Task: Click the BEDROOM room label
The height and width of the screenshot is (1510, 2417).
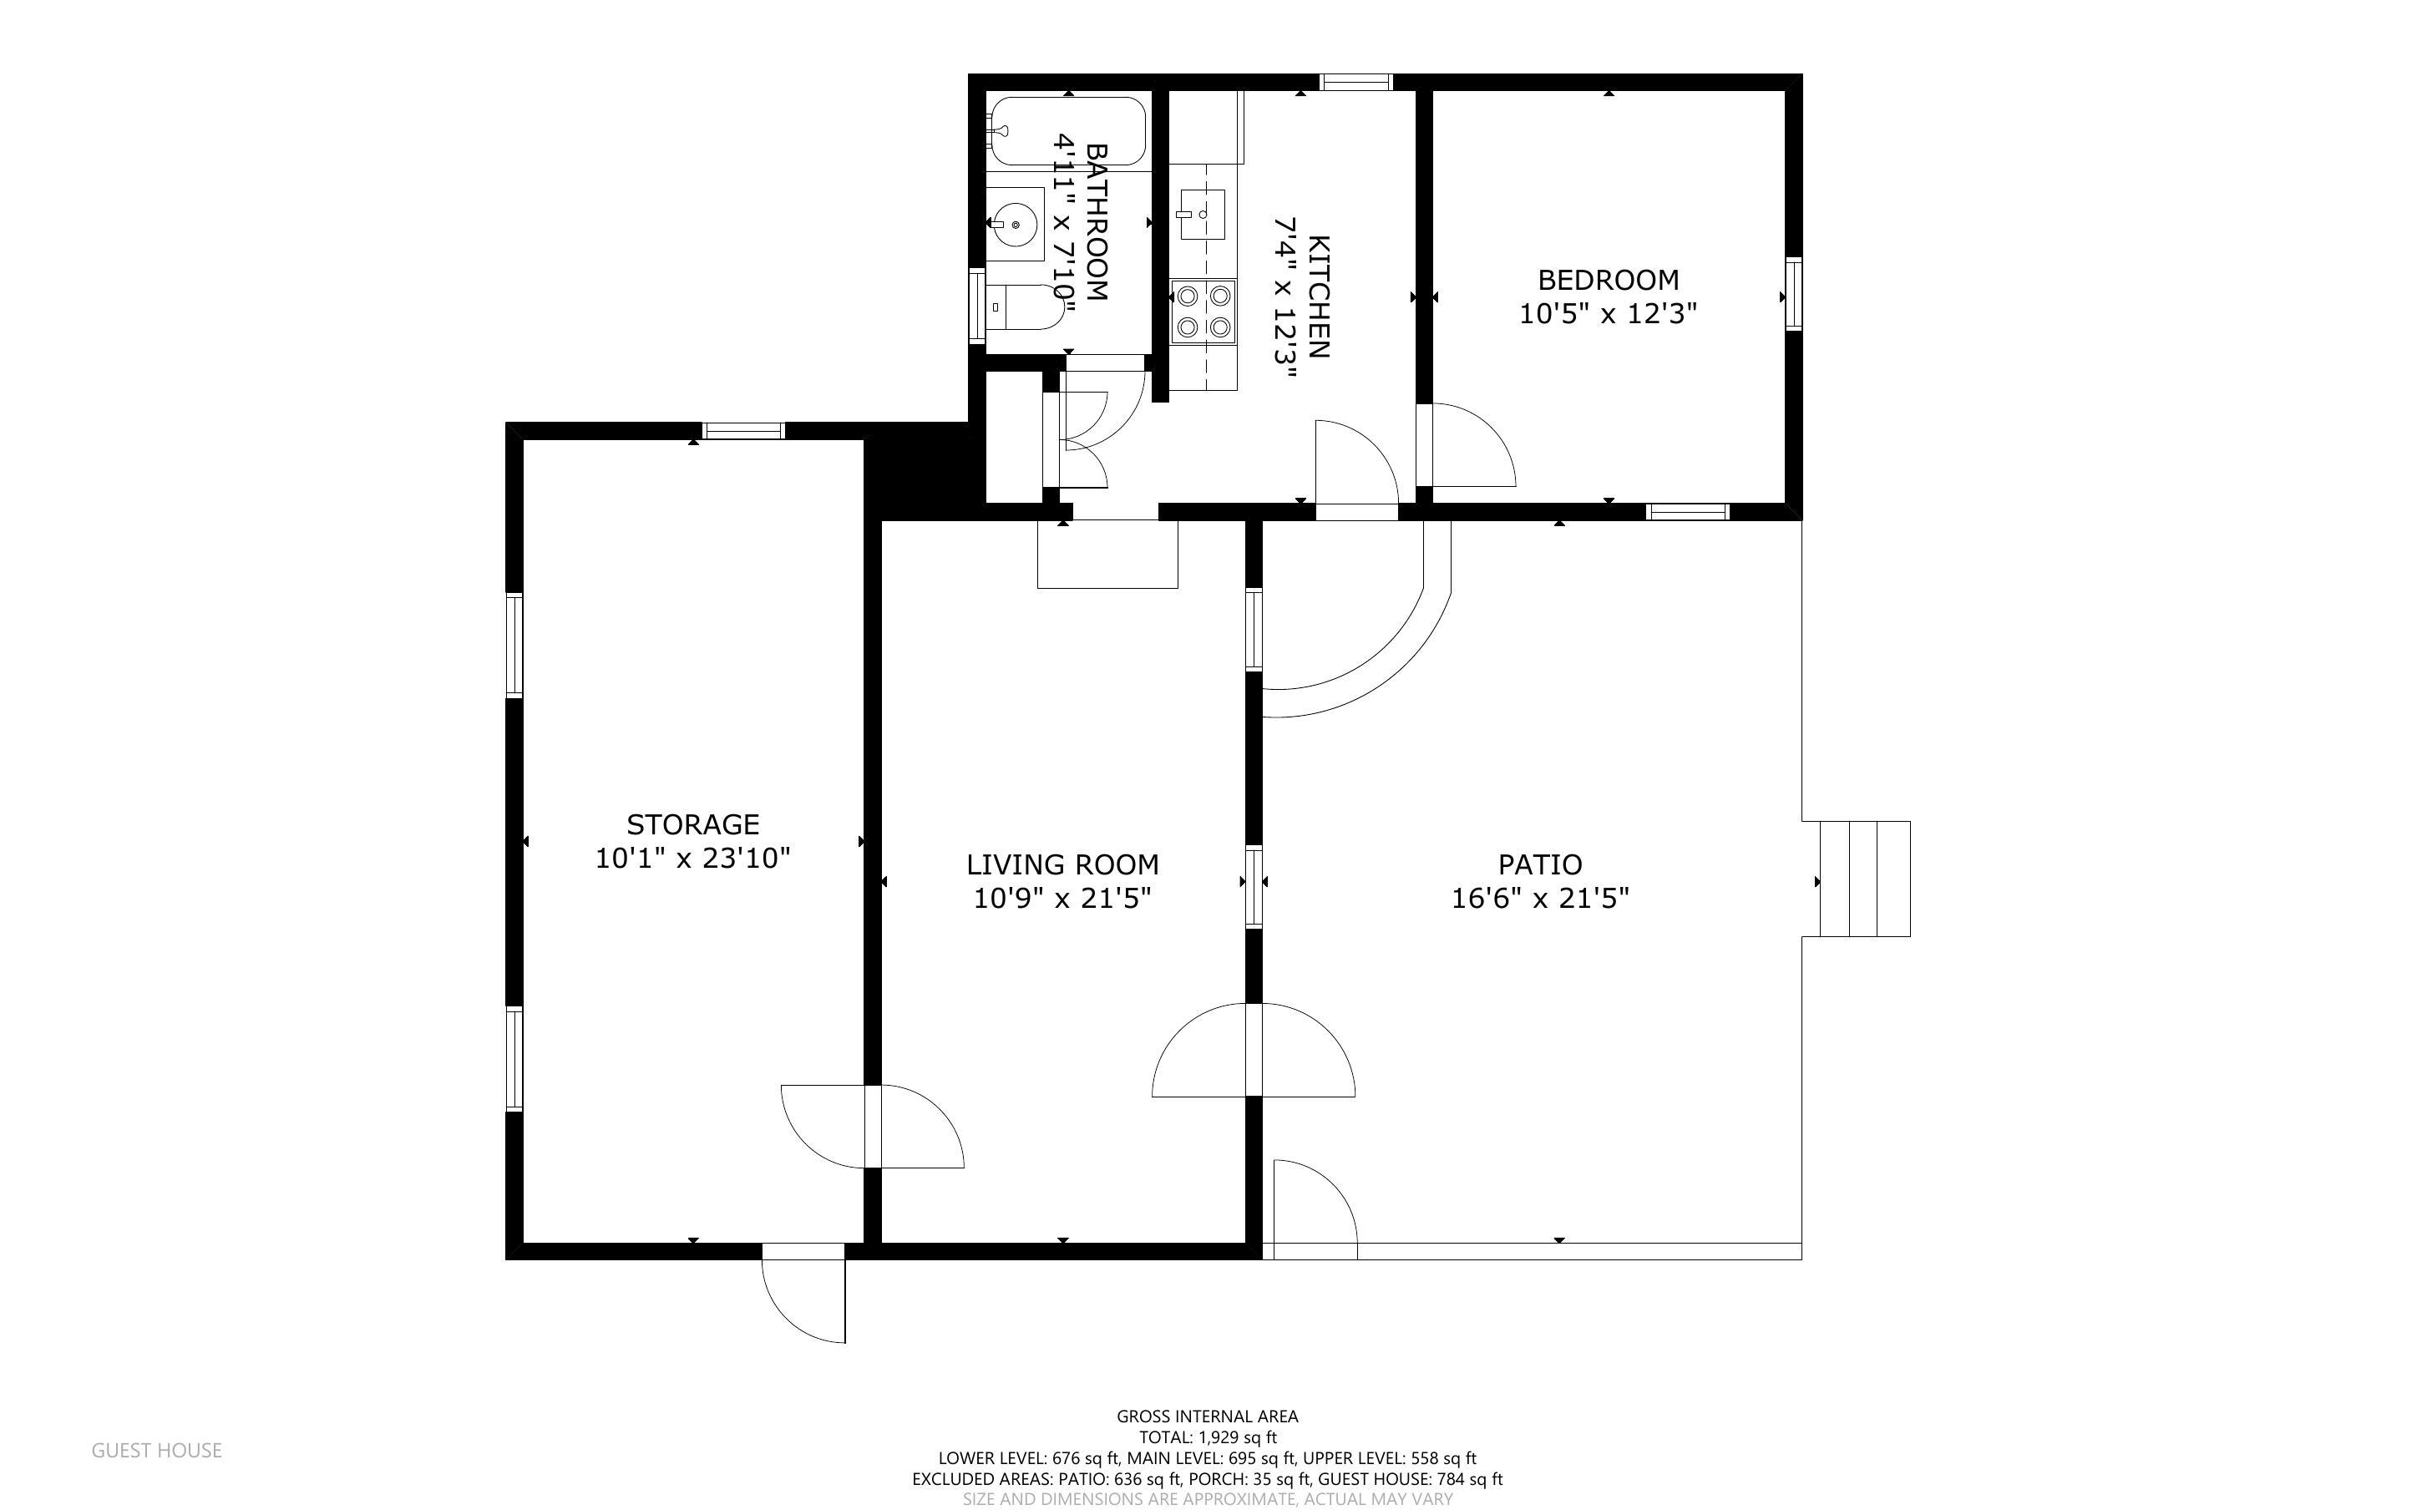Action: pos(1608,280)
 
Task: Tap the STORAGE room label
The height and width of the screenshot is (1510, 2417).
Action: pos(693,824)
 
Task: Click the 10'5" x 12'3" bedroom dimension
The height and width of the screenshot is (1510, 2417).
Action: pos(1608,313)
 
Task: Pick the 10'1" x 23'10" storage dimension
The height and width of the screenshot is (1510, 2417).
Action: pos(693,858)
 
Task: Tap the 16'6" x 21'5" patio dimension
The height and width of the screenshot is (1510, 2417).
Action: pos(1539,898)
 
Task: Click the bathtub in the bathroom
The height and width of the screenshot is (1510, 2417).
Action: pos(1067,131)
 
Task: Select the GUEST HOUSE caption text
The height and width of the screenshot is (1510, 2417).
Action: pos(157,1450)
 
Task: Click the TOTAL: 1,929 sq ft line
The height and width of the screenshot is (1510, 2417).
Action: pos(1207,1438)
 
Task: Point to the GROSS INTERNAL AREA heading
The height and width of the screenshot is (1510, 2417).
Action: pos(1207,1416)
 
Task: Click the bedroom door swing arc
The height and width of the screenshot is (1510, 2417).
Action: pos(1472,445)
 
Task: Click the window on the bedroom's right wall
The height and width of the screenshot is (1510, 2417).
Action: pos(1794,294)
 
